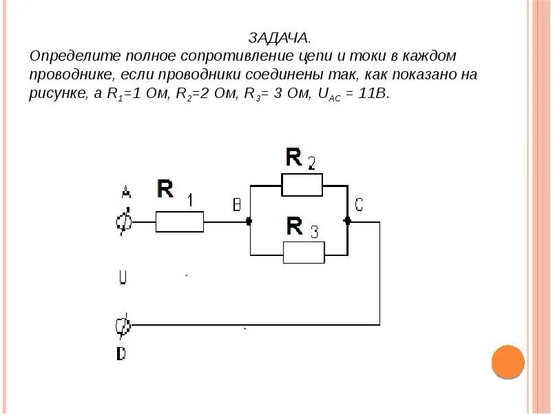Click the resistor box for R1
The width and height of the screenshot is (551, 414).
click(179, 222)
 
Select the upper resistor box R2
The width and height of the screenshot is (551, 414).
click(302, 186)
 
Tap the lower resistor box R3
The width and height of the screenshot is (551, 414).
click(304, 253)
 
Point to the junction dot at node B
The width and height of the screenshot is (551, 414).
click(249, 222)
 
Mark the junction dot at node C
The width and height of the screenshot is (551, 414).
click(348, 221)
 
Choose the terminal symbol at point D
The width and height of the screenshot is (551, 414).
click(123, 325)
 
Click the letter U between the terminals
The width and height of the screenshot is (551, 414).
click(123, 277)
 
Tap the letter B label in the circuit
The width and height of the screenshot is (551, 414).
click(236, 205)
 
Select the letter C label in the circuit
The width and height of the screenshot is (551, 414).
click(359, 204)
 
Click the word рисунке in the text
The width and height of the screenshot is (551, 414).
click(57, 95)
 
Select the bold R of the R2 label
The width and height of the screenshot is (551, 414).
click(294, 158)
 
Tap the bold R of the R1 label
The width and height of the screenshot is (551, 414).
click(165, 188)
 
